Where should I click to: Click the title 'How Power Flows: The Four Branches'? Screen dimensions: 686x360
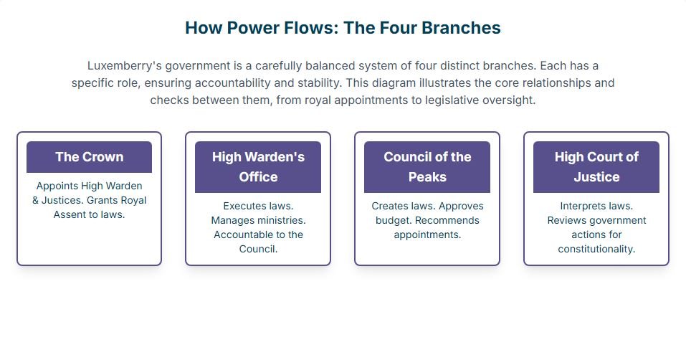point(343,27)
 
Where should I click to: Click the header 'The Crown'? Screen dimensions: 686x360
point(90,156)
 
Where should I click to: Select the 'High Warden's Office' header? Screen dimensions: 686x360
point(258,166)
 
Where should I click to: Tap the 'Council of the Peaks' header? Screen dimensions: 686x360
point(427,166)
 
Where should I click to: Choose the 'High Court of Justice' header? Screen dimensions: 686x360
point(596,166)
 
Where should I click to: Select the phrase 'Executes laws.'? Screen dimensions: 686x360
point(258,206)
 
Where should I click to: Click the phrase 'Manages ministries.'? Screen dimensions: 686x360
point(258,220)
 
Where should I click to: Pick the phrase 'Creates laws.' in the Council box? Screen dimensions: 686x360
point(404,206)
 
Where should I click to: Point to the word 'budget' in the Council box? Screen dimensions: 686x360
point(392,220)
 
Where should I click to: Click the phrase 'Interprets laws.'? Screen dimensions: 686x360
point(596,206)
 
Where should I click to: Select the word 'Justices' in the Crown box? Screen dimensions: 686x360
point(62,200)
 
